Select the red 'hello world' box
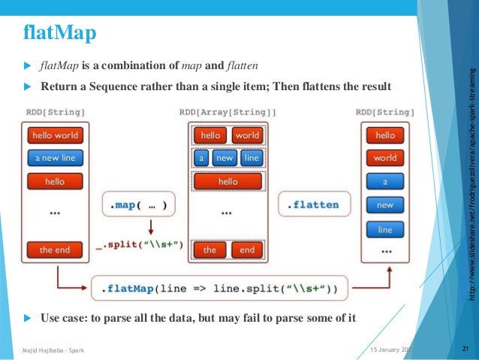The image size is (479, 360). click(x=55, y=135)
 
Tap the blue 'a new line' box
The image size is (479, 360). click(x=55, y=159)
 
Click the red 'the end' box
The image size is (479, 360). click(x=55, y=250)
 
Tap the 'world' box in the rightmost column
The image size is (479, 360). click(x=384, y=159)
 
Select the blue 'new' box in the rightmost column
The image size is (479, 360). click(x=384, y=205)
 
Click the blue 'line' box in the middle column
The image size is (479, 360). click(x=252, y=159)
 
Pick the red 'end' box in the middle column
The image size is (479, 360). click(x=247, y=250)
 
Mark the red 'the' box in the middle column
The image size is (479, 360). click(x=209, y=250)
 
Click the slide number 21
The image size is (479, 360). click(x=465, y=349)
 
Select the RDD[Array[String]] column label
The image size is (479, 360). click(x=227, y=112)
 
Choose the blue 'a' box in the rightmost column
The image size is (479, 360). click(x=384, y=182)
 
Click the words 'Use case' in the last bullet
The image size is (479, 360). click(x=63, y=319)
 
